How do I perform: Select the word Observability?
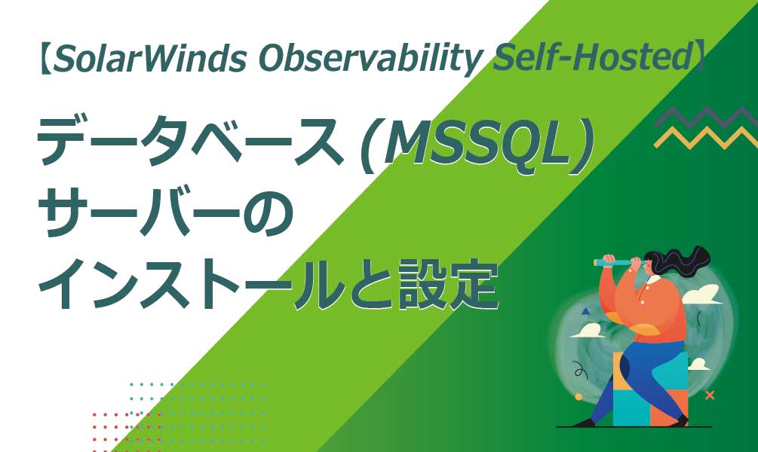click(x=371, y=60)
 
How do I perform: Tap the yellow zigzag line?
click(x=706, y=137)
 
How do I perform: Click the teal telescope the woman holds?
click(x=615, y=262)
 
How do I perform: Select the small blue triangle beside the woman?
click(x=586, y=311)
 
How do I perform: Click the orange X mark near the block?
click(x=710, y=395)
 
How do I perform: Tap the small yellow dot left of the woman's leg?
click(x=578, y=397)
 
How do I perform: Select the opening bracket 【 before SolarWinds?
click(x=44, y=59)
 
